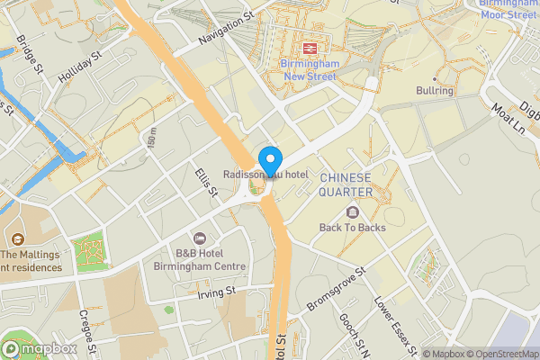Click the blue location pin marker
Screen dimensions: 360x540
pos(267,159)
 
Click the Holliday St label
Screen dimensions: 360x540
pos(78,66)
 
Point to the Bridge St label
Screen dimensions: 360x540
pos(30,55)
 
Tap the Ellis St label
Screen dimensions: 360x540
pos(207,181)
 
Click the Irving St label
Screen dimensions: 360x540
pos(216,292)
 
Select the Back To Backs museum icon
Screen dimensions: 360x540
pos(352,212)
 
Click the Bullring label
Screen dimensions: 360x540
pos(435,91)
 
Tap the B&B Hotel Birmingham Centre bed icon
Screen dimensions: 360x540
pos(199,238)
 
